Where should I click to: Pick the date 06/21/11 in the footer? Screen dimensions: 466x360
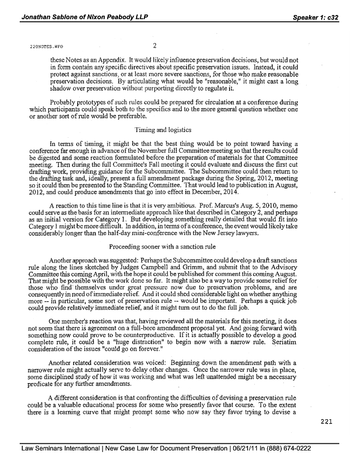tap(224, 448)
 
